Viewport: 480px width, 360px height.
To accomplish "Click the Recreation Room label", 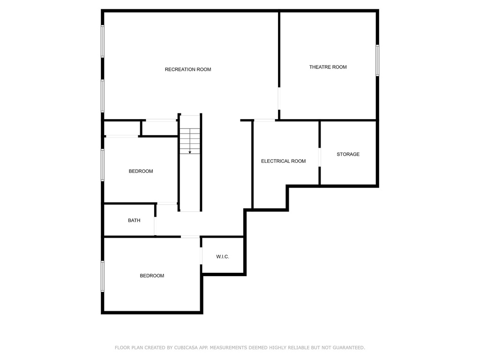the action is coord(188,69).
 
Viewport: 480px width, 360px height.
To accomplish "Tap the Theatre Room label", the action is coord(328,67).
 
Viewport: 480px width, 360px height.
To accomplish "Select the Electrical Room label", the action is coord(283,161).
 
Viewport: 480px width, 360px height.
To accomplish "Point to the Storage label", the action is coord(348,154).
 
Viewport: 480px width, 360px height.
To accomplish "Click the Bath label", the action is coord(134,220).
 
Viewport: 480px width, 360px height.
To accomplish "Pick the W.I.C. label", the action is coord(223,256).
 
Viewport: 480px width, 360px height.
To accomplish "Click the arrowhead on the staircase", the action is coord(190,152).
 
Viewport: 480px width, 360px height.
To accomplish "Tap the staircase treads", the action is coord(190,141).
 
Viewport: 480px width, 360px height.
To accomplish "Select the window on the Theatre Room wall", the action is coord(377,60).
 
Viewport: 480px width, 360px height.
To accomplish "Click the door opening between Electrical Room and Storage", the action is coord(320,157).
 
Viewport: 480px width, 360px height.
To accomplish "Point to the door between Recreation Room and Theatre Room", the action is coord(279,98).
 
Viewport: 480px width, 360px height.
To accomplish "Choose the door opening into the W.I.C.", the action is coord(201,255).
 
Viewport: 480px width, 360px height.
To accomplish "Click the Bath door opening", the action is coord(155,226).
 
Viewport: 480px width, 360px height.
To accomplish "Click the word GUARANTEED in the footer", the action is coord(349,348).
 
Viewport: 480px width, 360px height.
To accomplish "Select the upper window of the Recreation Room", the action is coord(103,41).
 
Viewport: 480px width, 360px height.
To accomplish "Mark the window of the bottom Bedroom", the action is coord(103,276).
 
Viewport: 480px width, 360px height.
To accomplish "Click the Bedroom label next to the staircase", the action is coord(141,171).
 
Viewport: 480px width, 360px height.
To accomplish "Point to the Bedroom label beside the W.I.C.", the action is coord(152,276).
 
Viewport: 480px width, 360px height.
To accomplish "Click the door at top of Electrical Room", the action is coord(264,120).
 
